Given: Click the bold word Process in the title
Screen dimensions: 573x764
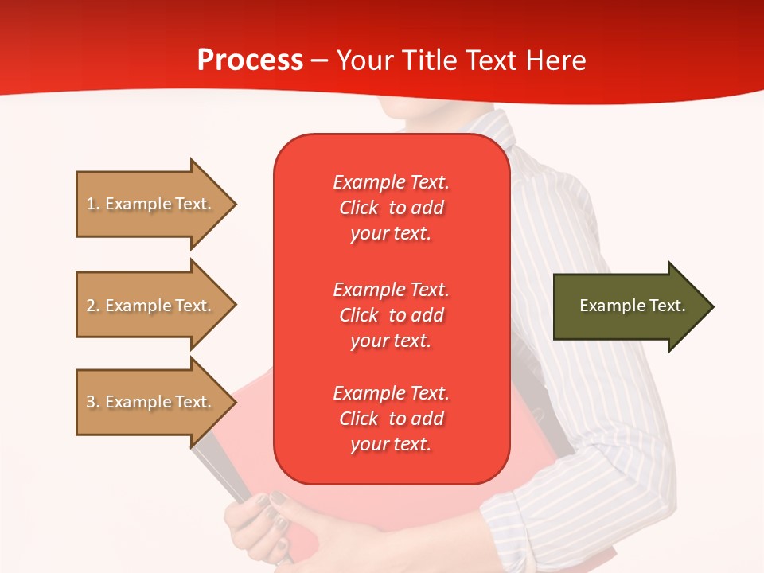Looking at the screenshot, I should pos(250,60).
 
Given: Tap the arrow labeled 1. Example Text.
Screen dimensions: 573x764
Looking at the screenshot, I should pos(151,204).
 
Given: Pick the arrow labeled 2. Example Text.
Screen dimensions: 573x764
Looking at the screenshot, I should pos(151,306).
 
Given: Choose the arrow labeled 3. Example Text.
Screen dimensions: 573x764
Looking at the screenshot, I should pos(151,402).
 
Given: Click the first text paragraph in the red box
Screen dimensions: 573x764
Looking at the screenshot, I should pos(391,208).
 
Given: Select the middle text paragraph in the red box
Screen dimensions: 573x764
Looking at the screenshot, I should pos(391,315).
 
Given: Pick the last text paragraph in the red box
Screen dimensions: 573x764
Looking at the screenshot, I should pos(391,419).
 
